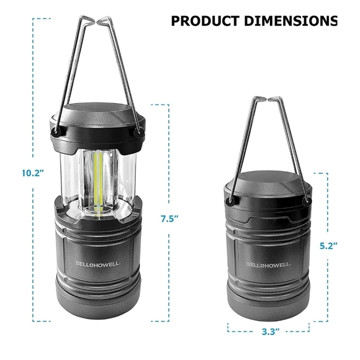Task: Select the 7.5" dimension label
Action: point(169,218)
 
